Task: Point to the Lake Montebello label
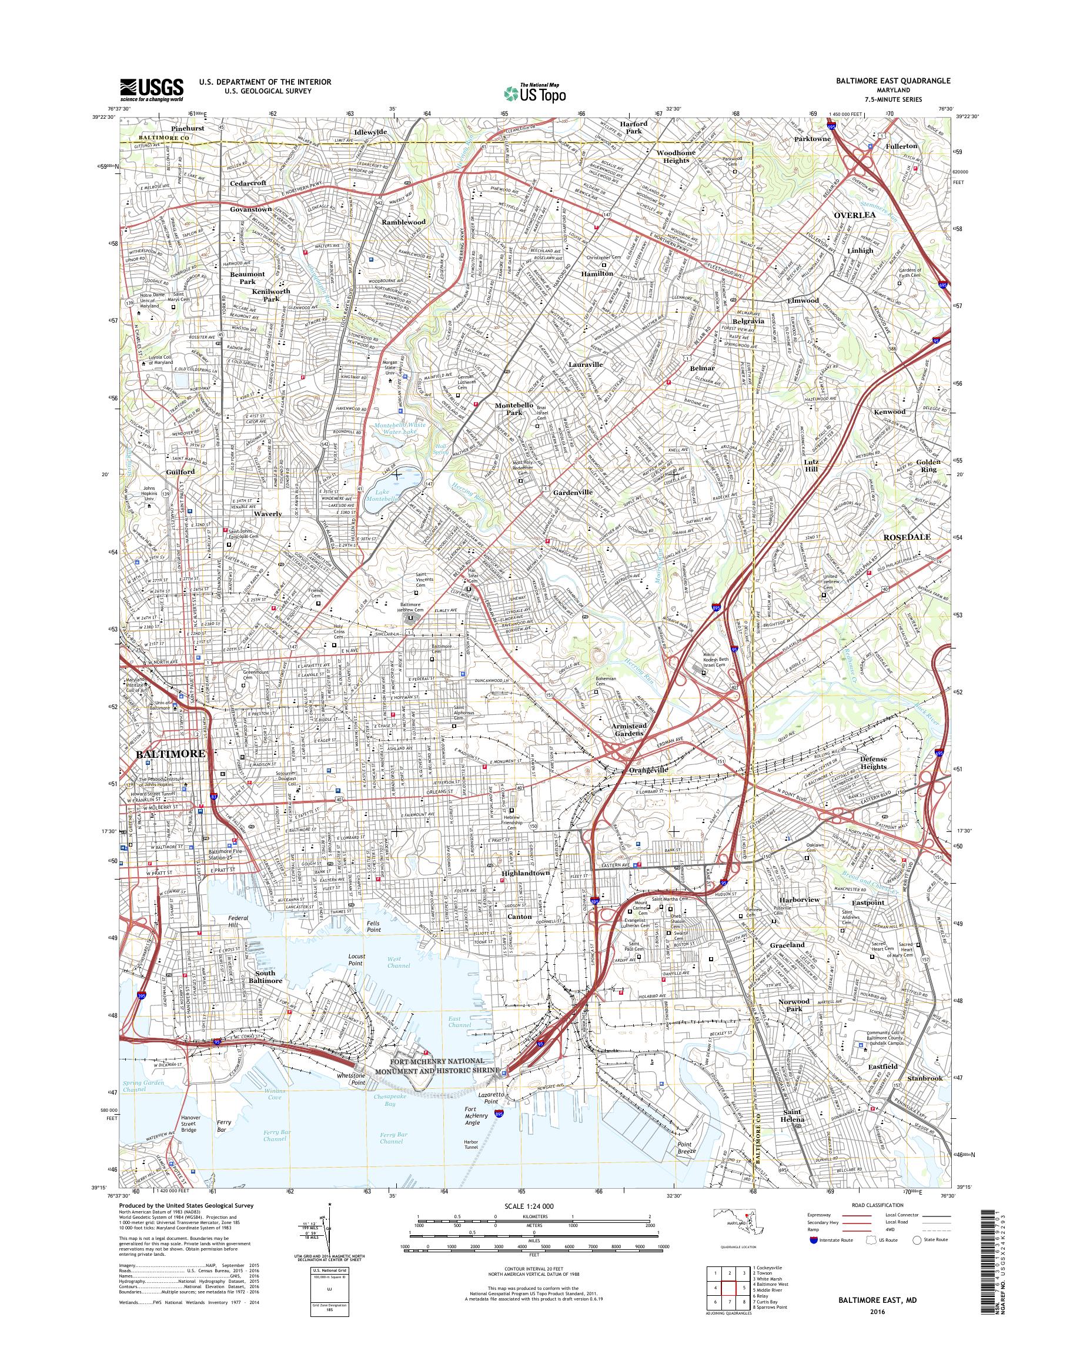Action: pyautogui.click(x=383, y=494)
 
